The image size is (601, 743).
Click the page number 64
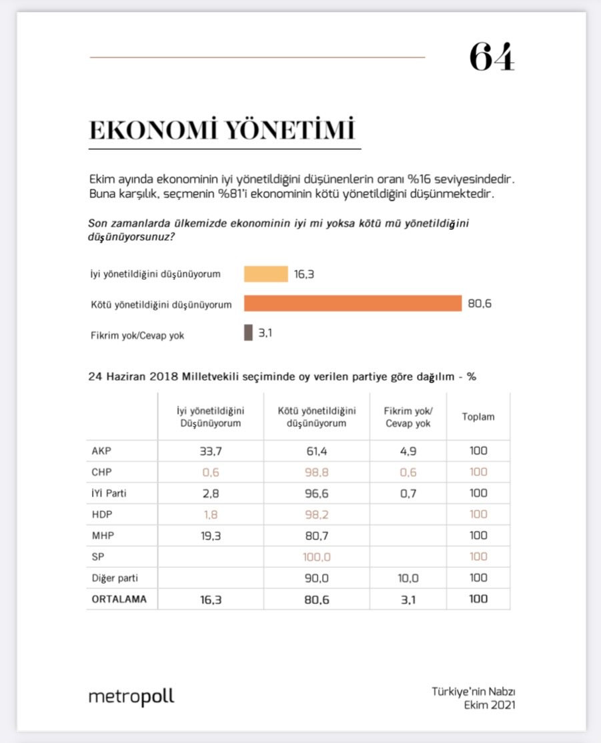click(x=492, y=57)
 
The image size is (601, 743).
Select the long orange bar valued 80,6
click(x=352, y=304)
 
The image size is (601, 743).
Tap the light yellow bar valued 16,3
click(x=265, y=274)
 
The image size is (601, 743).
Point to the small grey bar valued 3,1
click(x=248, y=333)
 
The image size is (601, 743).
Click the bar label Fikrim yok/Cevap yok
click(x=137, y=335)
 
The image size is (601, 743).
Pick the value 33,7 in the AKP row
click(x=210, y=450)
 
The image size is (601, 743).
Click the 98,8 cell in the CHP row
click(x=316, y=472)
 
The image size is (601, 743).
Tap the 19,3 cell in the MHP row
click(x=210, y=535)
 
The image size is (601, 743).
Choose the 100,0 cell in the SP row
click(x=316, y=556)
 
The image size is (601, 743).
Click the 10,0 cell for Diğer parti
click(x=408, y=577)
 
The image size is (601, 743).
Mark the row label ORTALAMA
click(x=119, y=598)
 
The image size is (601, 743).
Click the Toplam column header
click(x=478, y=417)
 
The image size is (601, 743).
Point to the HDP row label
click(x=101, y=514)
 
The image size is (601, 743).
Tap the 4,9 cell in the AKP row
click(x=408, y=450)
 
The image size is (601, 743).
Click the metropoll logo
click(x=131, y=697)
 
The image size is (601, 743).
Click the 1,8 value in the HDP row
click(x=210, y=514)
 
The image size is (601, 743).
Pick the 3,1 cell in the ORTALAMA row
click(x=408, y=598)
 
